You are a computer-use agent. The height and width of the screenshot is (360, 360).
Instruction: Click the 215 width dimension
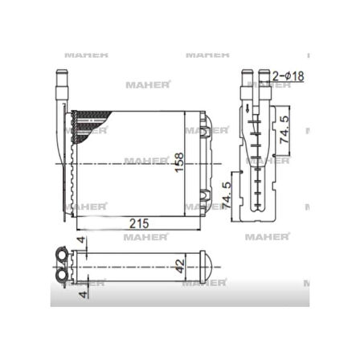click(x=141, y=223)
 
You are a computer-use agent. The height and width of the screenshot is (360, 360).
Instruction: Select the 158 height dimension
click(x=180, y=162)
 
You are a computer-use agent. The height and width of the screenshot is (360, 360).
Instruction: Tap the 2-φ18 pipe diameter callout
click(x=288, y=76)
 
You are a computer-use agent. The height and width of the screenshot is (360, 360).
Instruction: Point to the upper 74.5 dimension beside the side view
click(x=284, y=130)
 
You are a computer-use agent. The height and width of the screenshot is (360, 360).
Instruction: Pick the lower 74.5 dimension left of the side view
click(x=226, y=194)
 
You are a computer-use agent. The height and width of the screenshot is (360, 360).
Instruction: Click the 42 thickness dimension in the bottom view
click(x=180, y=264)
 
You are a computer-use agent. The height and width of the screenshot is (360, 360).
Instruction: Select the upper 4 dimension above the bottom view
click(x=80, y=240)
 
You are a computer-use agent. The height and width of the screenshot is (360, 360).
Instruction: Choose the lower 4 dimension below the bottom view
click(x=80, y=294)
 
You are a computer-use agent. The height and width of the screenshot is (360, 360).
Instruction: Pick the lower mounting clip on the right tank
click(x=203, y=193)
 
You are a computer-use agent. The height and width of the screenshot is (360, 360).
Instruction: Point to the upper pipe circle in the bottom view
click(x=62, y=257)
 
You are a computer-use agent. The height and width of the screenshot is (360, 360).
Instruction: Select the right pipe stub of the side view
click(x=264, y=84)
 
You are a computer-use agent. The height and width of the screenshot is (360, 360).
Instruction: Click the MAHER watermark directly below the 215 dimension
click(x=146, y=237)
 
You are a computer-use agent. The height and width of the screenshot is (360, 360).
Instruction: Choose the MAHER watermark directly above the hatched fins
click(x=147, y=84)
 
